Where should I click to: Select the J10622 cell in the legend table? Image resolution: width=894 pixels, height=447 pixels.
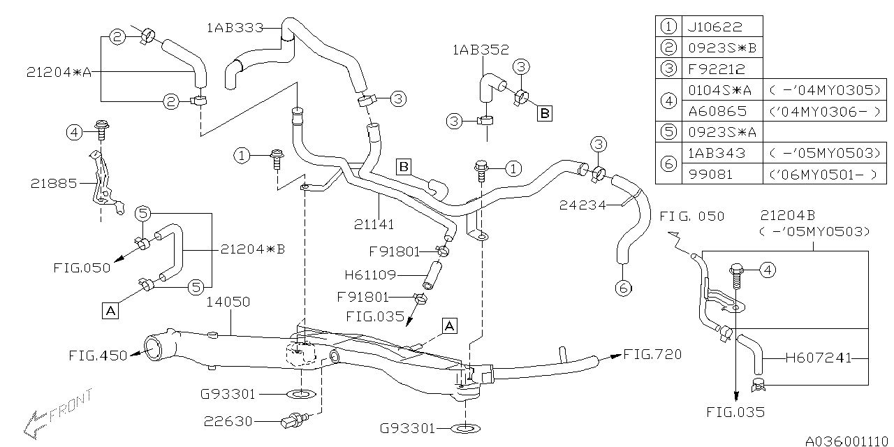(721, 27)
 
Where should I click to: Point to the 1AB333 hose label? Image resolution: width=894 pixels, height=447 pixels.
(235, 28)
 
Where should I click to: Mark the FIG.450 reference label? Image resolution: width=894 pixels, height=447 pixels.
(98, 356)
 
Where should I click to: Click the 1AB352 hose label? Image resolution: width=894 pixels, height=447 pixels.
(481, 50)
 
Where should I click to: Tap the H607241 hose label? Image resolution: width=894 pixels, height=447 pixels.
(818, 358)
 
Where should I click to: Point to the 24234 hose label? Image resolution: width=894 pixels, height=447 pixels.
(582, 205)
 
